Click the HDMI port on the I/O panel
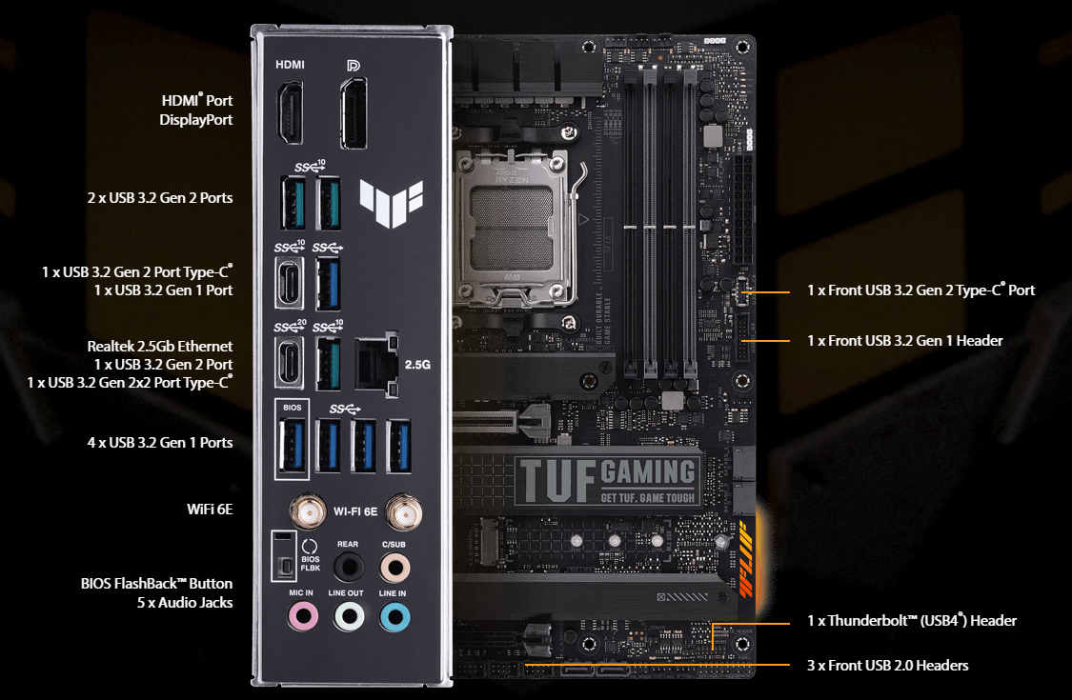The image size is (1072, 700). [x=290, y=112]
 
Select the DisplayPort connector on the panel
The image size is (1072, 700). [x=354, y=113]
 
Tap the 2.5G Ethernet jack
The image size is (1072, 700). [x=376, y=365]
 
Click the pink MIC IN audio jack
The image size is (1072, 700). [x=303, y=616]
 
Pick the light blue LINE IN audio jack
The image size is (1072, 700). [x=394, y=617]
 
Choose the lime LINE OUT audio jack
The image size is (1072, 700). [x=349, y=616]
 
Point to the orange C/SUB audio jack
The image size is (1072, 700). [x=394, y=568]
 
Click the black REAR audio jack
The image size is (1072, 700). [x=349, y=567]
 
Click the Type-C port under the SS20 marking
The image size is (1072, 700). [x=289, y=362]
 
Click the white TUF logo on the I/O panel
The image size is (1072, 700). [x=392, y=203]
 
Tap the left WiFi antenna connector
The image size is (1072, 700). [x=308, y=511]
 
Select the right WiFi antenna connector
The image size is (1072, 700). [x=404, y=512]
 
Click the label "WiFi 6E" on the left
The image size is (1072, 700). [x=210, y=510]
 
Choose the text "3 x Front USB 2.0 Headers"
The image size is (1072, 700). [x=887, y=665]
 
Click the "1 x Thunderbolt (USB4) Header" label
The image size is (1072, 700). [x=911, y=621]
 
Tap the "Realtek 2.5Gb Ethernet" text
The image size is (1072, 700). [x=160, y=346]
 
